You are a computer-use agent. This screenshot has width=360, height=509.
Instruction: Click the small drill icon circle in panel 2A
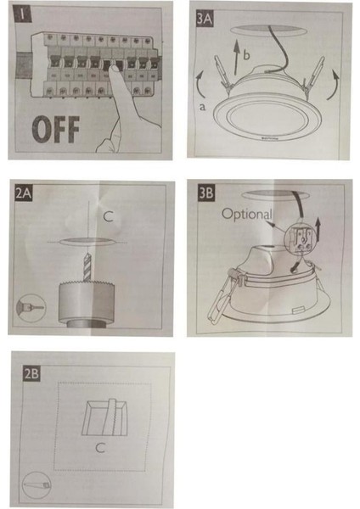(x=25, y=304)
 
